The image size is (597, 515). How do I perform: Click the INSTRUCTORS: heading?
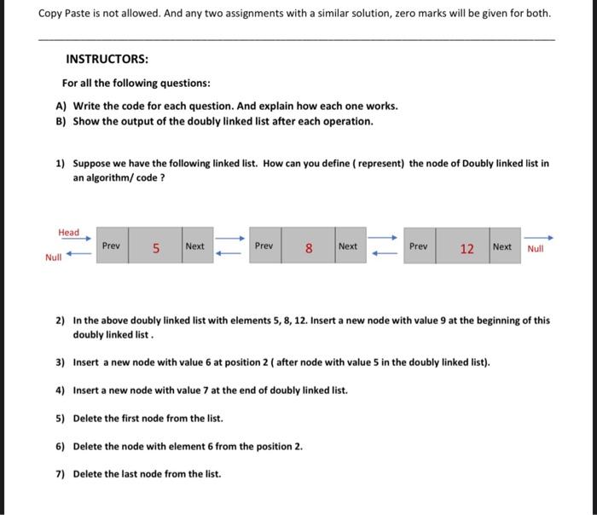[x=107, y=60]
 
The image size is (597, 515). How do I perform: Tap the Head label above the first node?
[x=68, y=233]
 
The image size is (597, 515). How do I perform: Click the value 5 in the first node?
[x=156, y=248]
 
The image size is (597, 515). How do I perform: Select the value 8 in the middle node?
[x=309, y=248]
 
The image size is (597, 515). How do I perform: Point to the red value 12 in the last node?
[x=467, y=248]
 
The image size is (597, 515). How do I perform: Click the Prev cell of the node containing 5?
[x=111, y=246]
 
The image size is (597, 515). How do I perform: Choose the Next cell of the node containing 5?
[x=194, y=246]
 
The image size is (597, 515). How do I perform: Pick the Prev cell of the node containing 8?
[x=264, y=246]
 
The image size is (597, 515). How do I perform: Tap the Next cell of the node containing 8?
[x=348, y=246]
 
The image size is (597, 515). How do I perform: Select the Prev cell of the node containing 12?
[x=419, y=246]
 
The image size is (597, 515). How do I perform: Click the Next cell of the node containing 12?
[x=502, y=246]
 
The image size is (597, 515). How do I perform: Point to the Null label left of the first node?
[x=54, y=256]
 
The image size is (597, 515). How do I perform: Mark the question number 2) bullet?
[x=61, y=321]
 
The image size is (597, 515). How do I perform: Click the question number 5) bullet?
[x=61, y=419]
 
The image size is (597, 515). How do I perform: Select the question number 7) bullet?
[x=61, y=474]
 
